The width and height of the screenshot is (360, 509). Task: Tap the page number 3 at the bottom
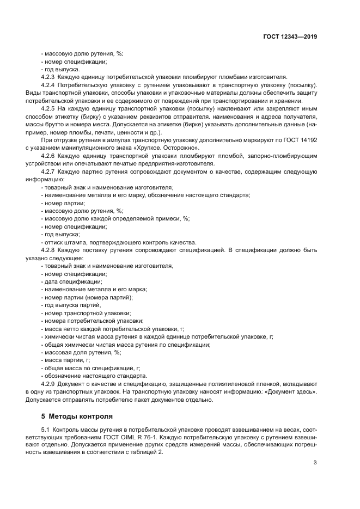(315, 463)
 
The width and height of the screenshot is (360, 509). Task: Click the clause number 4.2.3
(48, 77)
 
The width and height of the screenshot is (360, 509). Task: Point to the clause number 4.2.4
(48, 85)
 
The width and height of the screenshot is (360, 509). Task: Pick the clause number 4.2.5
(48, 109)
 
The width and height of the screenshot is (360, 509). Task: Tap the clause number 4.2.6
(48, 156)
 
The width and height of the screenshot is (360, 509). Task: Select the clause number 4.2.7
(48, 171)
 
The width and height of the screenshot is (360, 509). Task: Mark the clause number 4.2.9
(48, 384)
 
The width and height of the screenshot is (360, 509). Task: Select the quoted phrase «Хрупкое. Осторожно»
(168, 148)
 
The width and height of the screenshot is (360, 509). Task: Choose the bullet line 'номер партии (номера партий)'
(87, 297)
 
